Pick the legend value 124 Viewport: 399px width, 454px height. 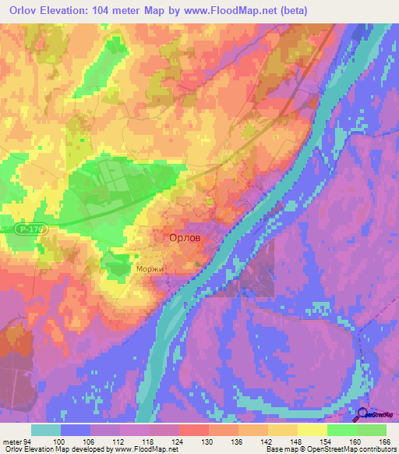(x=179, y=441)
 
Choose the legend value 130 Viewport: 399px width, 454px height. (x=209, y=441)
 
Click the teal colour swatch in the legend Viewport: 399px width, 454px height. (x=46, y=430)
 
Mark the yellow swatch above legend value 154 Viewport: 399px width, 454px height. (x=312, y=430)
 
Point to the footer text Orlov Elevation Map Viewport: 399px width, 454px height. (x=34, y=449)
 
